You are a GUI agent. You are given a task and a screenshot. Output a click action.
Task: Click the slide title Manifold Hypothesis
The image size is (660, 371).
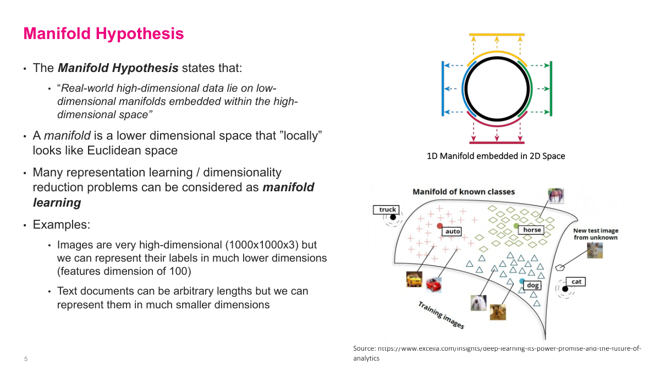(x=103, y=34)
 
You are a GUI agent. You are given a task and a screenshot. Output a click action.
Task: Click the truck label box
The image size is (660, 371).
(x=388, y=209)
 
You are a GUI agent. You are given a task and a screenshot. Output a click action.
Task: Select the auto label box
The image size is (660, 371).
(x=453, y=231)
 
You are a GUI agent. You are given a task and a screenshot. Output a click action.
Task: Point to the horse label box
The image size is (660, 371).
(x=531, y=230)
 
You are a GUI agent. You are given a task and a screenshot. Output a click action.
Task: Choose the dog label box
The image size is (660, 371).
(x=533, y=285)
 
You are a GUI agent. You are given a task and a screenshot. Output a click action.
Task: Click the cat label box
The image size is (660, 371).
(x=576, y=282)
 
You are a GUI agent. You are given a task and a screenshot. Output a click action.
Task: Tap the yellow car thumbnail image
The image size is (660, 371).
(x=414, y=280)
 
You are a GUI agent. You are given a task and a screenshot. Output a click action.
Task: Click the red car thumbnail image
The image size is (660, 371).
(x=433, y=285)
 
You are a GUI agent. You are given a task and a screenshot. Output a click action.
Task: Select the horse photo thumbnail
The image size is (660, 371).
(x=555, y=196)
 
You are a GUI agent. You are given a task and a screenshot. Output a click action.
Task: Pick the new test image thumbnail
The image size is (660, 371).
(x=594, y=250)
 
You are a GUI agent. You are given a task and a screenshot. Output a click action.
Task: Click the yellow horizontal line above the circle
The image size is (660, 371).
(x=497, y=35)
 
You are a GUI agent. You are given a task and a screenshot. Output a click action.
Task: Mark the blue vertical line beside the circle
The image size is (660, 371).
(x=443, y=88)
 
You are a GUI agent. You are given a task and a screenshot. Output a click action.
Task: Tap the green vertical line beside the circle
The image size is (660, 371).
(x=551, y=88)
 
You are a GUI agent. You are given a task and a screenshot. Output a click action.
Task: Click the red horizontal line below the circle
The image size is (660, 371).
(x=497, y=142)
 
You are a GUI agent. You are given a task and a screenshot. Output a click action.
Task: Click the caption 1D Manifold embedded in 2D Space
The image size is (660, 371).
(x=496, y=156)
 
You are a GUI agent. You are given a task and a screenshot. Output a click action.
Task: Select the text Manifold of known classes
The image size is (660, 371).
(x=464, y=192)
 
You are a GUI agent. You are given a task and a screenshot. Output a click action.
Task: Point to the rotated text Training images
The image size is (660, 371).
(x=441, y=315)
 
